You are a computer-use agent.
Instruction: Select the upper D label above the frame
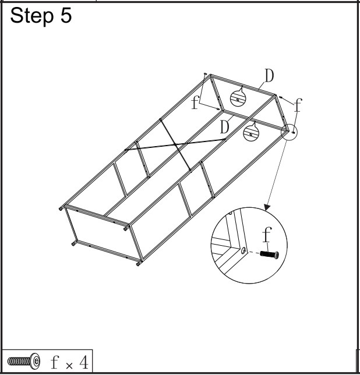(x=269, y=75)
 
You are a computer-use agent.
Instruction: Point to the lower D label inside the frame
(x=224, y=126)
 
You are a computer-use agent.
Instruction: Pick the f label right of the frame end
(x=298, y=105)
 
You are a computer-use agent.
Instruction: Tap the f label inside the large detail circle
(x=266, y=235)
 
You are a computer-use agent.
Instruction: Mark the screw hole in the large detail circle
(x=243, y=251)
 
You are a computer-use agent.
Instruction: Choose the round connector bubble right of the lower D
(x=251, y=132)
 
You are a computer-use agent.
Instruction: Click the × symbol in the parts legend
(x=68, y=364)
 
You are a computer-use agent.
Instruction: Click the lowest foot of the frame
(x=138, y=264)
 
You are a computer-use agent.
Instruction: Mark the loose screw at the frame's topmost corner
(x=205, y=74)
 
